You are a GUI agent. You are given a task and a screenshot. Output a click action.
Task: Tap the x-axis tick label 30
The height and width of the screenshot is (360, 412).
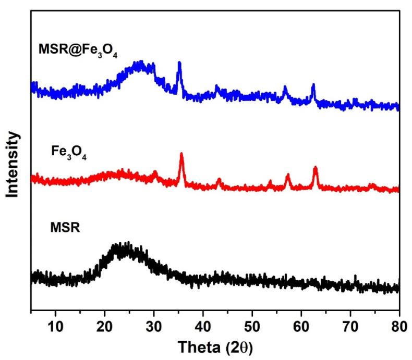[154, 327]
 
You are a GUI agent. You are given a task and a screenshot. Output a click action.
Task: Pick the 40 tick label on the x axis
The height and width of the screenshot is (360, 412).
[203, 327]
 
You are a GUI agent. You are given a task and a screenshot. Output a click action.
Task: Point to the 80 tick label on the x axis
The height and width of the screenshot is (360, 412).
[398, 327]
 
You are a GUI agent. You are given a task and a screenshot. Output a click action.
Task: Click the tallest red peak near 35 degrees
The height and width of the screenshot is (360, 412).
[181, 154]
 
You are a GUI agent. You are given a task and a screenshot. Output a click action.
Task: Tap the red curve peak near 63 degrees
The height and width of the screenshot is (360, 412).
[315, 168]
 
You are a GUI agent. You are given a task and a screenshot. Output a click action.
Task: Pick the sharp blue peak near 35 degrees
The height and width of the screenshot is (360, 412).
[179, 63]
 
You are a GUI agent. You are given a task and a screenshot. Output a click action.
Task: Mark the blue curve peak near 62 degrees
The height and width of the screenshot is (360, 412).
[313, 84]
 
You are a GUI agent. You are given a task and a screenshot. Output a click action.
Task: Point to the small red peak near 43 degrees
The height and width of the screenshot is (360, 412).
[219, 180]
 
